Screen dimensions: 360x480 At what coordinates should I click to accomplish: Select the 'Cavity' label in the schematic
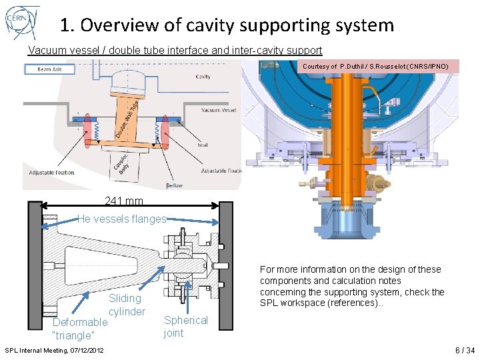coord(203,77)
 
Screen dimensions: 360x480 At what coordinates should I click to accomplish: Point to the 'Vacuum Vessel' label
coord(220,111)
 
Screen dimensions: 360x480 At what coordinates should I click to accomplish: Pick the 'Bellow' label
coord(175,185)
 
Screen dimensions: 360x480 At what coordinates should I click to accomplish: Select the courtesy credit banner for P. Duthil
coord(380,67)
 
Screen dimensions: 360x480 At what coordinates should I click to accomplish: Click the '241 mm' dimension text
coord(123,201)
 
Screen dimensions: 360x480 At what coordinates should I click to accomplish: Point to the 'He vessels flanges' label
coord(121,219)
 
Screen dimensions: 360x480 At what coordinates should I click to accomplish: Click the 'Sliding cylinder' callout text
coord(126,305)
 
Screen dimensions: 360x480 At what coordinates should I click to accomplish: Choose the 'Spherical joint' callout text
coord(185,327)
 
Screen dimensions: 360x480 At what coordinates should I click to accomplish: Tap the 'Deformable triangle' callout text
coord(79,329)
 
